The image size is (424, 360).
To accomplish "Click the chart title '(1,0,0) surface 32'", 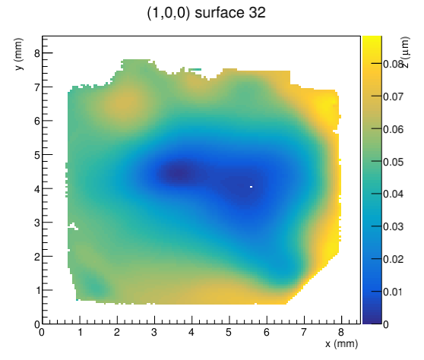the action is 207,13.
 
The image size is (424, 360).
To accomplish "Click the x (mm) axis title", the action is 341,344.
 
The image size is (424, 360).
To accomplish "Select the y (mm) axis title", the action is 18,54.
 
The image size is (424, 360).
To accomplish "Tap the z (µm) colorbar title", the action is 406,52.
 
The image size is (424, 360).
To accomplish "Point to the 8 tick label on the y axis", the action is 37,53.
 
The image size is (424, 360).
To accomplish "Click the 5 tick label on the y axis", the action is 37,155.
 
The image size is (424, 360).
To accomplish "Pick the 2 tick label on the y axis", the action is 37,257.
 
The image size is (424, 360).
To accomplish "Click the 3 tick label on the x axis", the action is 154,332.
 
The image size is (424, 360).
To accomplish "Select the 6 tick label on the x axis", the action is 267,332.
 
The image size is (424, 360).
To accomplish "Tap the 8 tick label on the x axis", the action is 341,332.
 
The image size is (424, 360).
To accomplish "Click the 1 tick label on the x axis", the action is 80,332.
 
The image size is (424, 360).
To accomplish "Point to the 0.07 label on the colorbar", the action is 393,96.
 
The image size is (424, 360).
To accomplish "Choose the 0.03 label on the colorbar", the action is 393,226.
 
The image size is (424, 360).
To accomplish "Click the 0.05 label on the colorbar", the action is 393,162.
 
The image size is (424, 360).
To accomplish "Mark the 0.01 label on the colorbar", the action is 393,292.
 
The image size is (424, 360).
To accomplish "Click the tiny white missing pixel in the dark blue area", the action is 251,187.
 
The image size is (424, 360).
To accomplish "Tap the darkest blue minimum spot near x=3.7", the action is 179,173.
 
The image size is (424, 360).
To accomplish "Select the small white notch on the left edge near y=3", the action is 73,226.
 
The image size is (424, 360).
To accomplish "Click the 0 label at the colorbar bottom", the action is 386,324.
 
